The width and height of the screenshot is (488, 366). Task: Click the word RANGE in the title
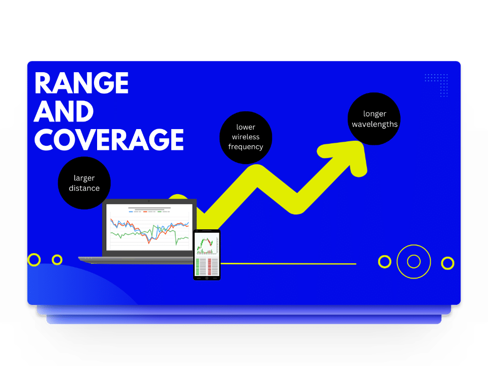tap(81, 83)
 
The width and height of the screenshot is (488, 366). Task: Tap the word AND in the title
tap(64, 111)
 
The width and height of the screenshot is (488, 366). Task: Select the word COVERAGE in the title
tap(109, 139)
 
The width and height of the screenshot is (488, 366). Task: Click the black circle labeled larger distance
tap(84, 183)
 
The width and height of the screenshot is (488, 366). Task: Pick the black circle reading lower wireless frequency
tap(246, 137)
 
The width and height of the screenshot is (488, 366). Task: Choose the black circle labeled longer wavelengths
tap(374, 118)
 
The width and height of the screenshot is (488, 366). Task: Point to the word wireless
tap(246, 137)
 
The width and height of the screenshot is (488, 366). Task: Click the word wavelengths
tap(375, 124)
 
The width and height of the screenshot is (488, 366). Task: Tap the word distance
tap(84, 188)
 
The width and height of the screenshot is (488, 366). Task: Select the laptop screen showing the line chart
tap(149, 227)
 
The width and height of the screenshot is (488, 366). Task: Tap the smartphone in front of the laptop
tap(207, 255)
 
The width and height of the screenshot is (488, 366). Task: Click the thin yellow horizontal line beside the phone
tap(288, 264)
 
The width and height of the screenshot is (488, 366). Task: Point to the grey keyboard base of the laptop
tap(136, 260)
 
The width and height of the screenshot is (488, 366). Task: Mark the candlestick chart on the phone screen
tap(207, 245)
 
